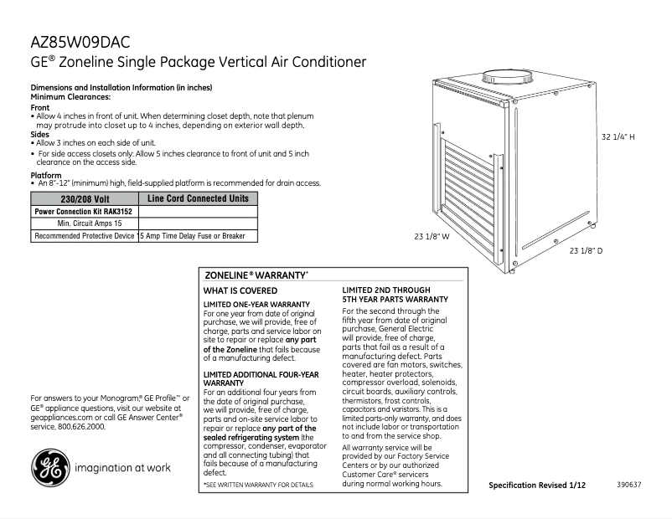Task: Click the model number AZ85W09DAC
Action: click(80, 43)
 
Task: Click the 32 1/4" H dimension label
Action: click(619, 136)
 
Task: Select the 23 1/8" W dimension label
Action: click(432, 237)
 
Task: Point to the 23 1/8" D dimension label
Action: click(587, 250)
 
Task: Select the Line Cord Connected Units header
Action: click(197, 199)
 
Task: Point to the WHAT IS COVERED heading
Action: click(241, 290)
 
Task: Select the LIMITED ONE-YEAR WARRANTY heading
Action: click(257, 303)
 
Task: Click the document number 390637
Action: click(630, 485)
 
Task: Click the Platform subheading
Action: click(45, 175)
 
